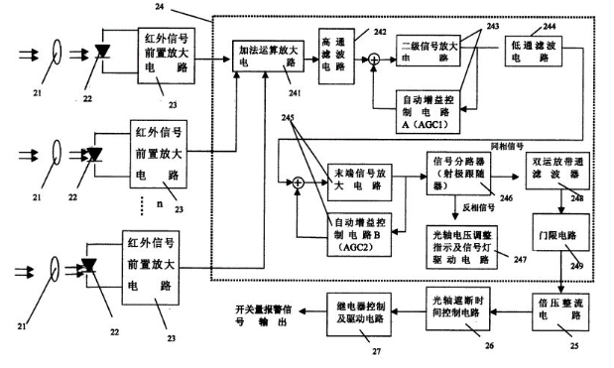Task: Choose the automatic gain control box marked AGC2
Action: pos(360,231)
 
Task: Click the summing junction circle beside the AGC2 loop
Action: pos(295,182)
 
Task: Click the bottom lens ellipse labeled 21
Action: pos(57,269)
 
